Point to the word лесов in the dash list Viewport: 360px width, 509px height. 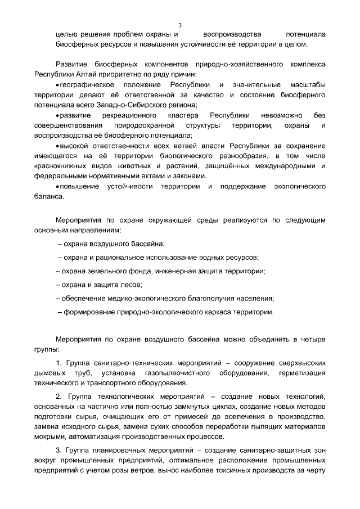[128, 285]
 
